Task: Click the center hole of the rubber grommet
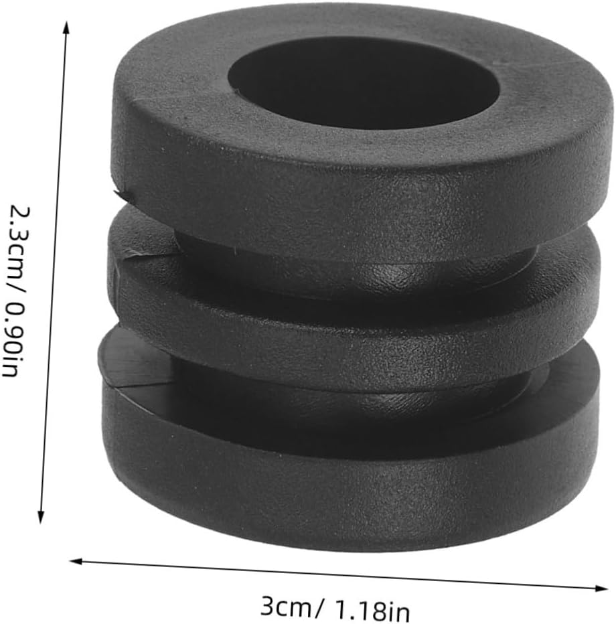[x=364, y=82]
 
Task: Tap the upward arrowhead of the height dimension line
[x=66, y=28]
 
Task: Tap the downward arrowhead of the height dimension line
[x=40, y=517]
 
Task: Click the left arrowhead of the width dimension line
[x=76, y=561]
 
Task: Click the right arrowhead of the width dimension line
[x=601, y=589]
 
